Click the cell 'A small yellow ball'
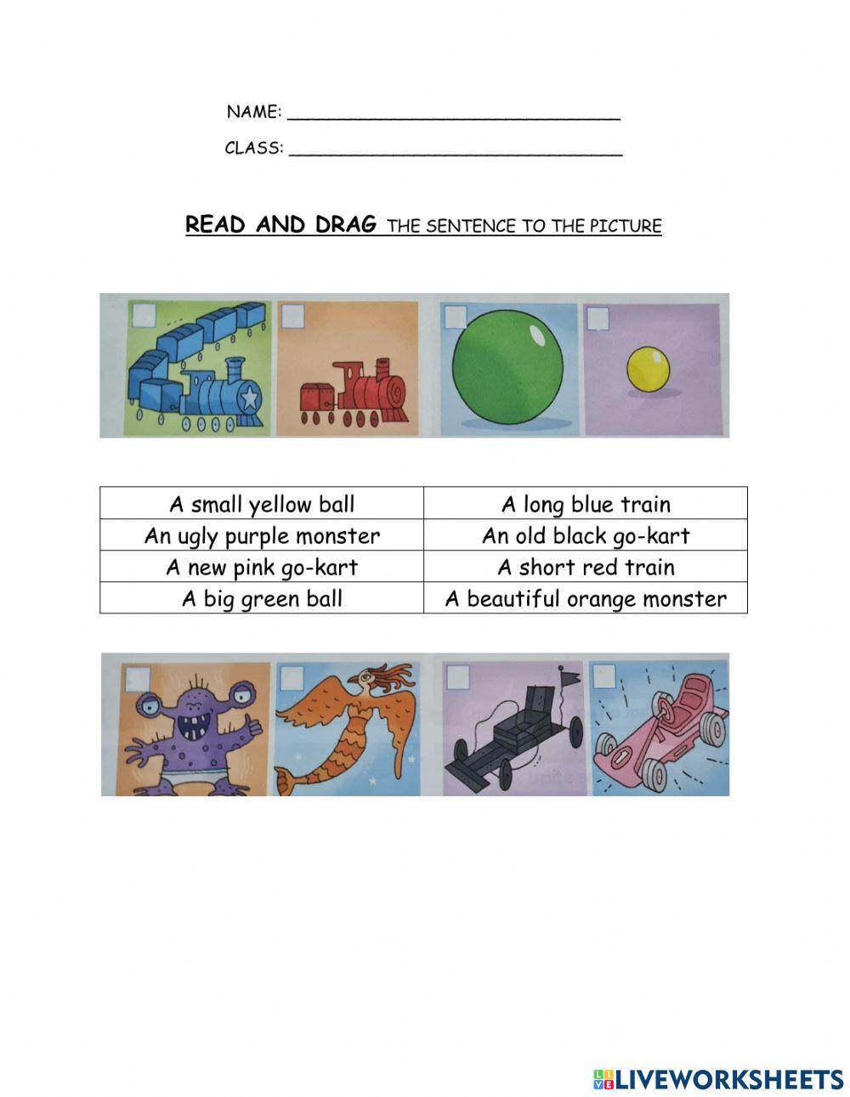click(x=262, y=504)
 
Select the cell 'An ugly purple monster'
click(x=262, y=536)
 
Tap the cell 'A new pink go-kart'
click(x=262, y=568)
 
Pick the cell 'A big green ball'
click(x=262, y=599)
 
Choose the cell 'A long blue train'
click(x=586, y=504)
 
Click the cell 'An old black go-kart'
click(x=586, y=536)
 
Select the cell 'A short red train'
click(x=586, y=568)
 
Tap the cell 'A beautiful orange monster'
click(x=586, y=599)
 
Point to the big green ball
click(x=508, y=367)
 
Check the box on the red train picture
click(x=292, y=316)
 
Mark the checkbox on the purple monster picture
click(x=139, y=678)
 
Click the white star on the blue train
click(x=249, y=397)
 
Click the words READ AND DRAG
click(x=280, y=224)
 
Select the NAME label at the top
click(x=253, y=111)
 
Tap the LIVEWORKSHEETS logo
click(x=718, y=1078)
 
